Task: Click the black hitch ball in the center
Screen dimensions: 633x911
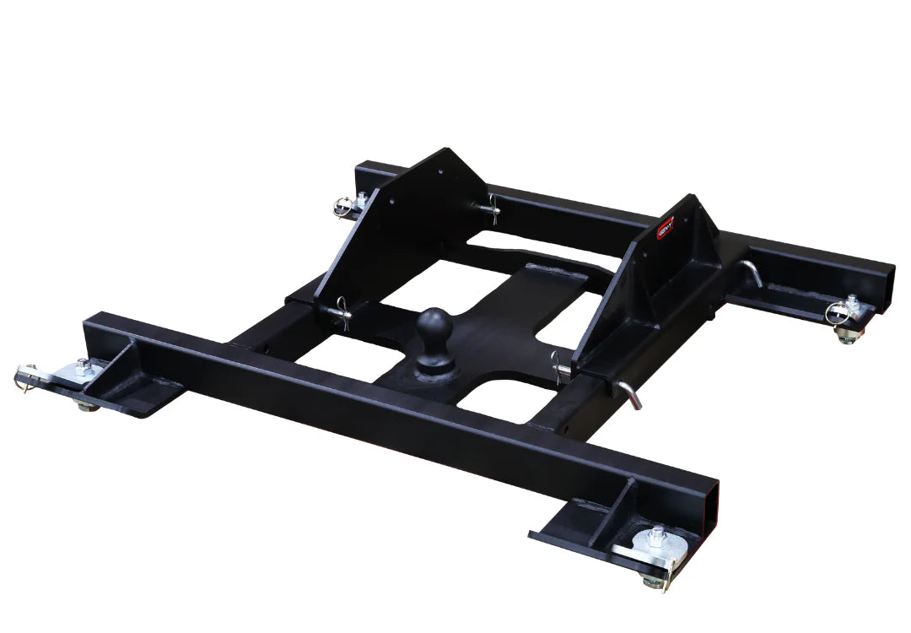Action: coord(435,327)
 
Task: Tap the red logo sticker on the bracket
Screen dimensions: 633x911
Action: coord(666,230)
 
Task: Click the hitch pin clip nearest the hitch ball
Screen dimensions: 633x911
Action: coord(561,367)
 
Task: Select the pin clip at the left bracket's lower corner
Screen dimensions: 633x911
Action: coord(342,310)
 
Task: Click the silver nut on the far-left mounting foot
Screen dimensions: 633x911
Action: coord(83,366)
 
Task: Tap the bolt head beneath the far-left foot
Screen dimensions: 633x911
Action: coord(87,407)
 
